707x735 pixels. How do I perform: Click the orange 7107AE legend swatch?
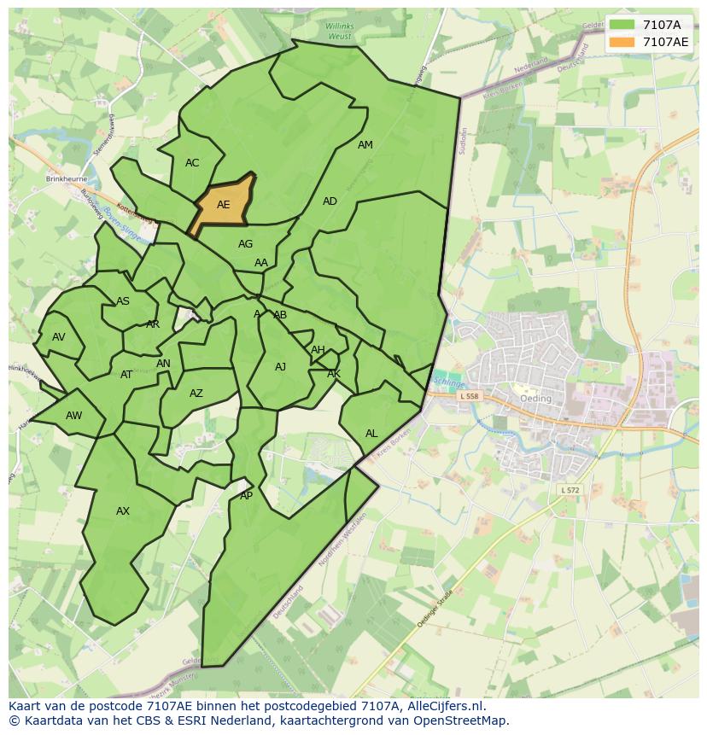622,42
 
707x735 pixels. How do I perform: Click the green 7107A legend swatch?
622,25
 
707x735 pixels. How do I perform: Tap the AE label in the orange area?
224,205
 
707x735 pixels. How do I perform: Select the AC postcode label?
192,163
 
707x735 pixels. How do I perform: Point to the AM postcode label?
365,145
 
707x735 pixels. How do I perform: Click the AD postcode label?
330,201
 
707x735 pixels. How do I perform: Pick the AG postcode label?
245,244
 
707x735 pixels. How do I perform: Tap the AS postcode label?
123,301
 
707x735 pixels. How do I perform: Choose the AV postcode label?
58,337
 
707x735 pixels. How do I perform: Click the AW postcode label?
74,416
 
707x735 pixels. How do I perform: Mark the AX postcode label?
123,511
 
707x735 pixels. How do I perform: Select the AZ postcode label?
196,394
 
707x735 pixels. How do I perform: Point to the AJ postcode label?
280,367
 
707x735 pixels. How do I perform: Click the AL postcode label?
371,434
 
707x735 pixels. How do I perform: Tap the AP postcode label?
246,496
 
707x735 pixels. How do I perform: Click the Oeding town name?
535,399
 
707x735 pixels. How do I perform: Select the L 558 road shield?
470,396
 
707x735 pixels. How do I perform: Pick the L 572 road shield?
570,490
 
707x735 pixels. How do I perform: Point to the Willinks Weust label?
339,32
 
